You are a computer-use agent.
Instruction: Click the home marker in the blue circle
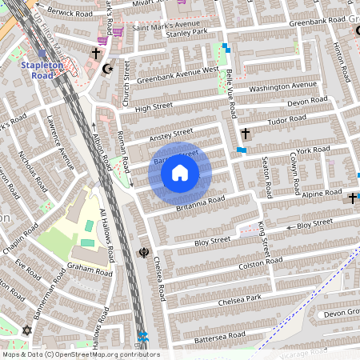pos(180,173)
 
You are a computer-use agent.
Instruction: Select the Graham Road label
pos(87,268)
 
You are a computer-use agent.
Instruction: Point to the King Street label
pos(264,239)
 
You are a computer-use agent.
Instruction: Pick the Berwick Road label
pos(71,10)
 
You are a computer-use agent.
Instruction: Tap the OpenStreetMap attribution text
pos(81,354)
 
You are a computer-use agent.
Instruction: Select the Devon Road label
pos(307,102)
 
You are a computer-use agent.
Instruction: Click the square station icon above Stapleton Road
pos(42,53)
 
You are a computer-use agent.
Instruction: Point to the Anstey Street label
pos(172,134)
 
